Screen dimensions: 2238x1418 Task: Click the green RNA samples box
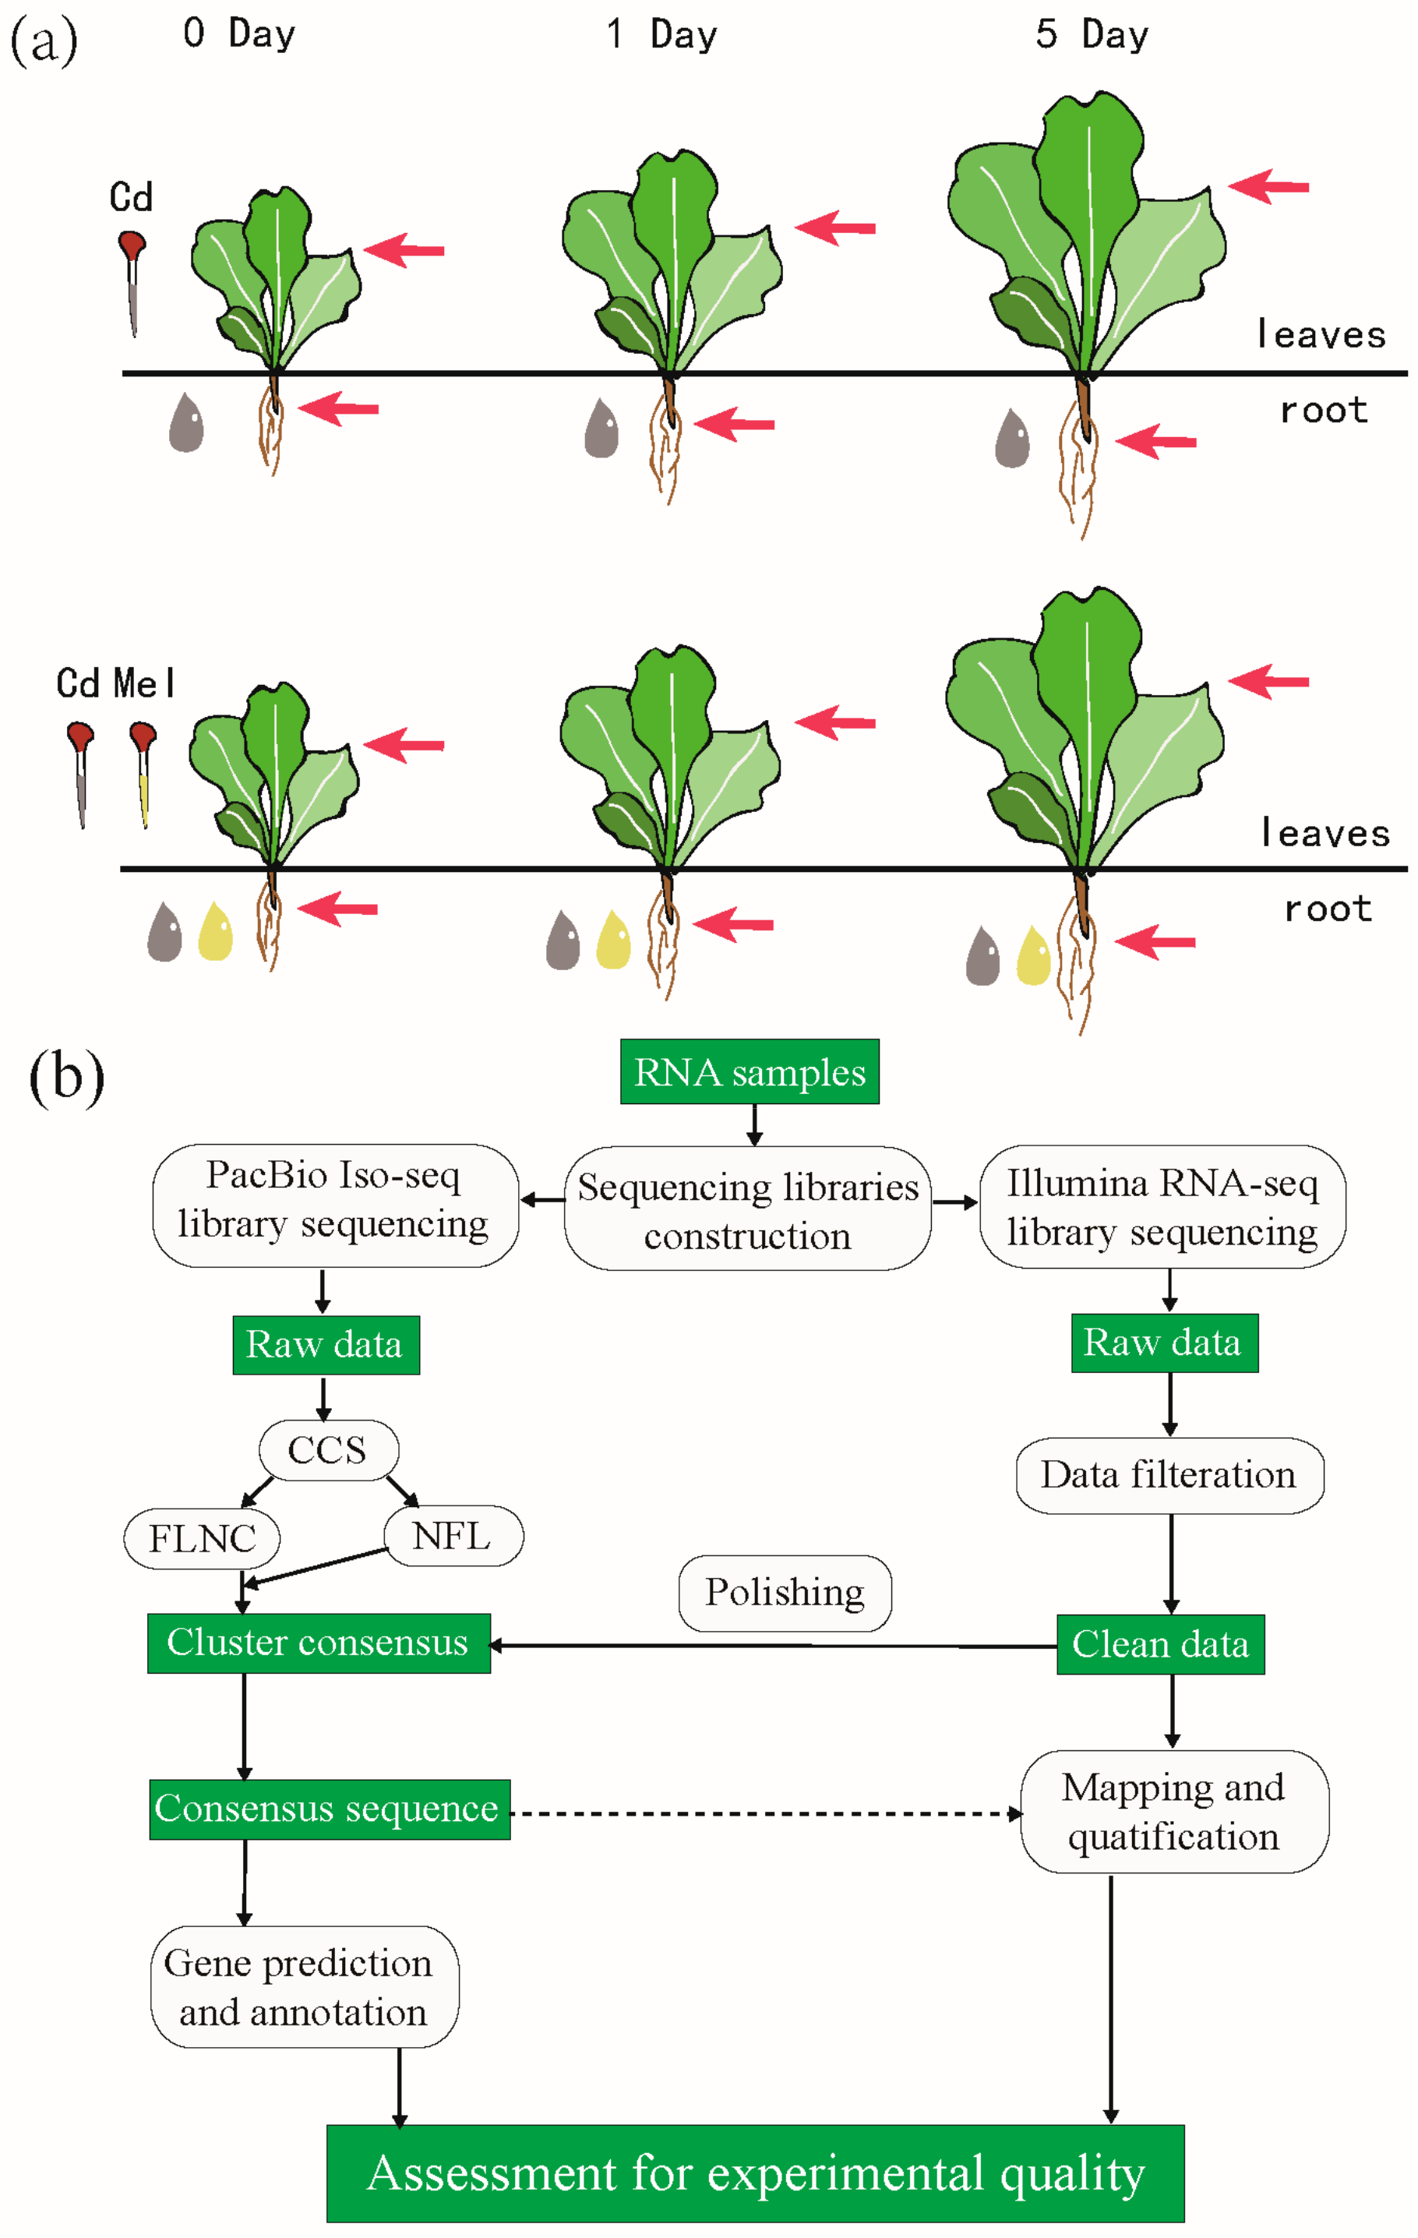click(x=749, y=1071)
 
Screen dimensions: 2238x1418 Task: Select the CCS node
click(x=328, y=1450)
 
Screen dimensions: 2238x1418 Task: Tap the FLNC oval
click(x=202, y=1538)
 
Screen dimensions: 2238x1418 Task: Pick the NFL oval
click(x=453, y=1535)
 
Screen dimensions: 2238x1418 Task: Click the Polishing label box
click(x=785, y=1592)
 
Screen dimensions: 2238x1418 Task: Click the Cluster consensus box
click(x=318, y=1642)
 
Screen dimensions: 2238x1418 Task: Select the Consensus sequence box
click(x=329, y=1809)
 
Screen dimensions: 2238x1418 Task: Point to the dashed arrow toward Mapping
click(x=762, y=1813)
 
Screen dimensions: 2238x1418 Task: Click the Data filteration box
click(x=1169, y=1475)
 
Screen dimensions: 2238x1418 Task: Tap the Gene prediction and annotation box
click(x=304, y=1987)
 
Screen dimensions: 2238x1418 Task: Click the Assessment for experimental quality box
click(x=754, y=2173)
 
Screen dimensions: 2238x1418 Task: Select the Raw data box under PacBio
click(x=325, y=1345)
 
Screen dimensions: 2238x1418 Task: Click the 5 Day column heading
click(x=1092, y=34)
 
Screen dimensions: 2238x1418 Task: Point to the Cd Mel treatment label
click(x=115, y=683)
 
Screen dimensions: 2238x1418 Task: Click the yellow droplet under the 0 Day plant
click(x=216, y=931)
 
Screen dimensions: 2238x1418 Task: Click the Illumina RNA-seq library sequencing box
click(x=1162, y=1206)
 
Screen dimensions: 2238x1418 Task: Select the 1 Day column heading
click(x=661, y=34)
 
